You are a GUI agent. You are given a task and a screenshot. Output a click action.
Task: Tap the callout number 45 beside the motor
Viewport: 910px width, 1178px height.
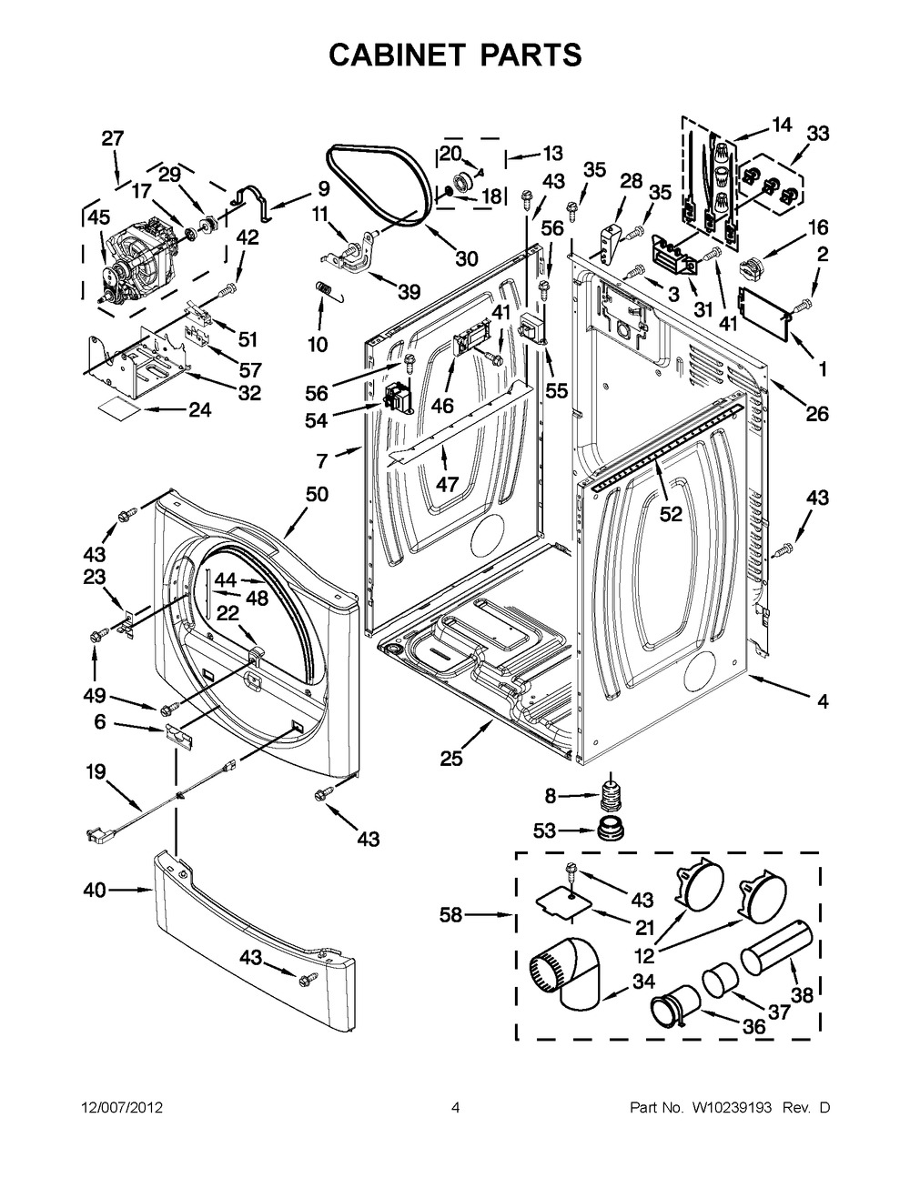[x=97, y=216]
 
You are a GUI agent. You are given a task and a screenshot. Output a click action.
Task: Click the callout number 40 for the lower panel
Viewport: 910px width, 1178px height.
[x=95, y=891]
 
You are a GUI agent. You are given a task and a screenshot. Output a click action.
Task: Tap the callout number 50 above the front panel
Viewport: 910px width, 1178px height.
[x=317, y=494]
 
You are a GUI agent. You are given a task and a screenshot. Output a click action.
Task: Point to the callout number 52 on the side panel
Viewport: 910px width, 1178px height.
[x=671, y=515]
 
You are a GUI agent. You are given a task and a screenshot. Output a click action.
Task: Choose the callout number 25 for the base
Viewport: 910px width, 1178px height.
[x=451, y=758]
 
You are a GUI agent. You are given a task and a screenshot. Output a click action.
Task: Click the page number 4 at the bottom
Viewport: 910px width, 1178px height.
[x=455, y=1108]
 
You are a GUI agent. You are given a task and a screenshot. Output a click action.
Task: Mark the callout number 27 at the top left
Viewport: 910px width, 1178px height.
[x=112, y=138]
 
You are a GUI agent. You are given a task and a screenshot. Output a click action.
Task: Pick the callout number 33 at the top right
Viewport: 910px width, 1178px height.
[x=818, y=134]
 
